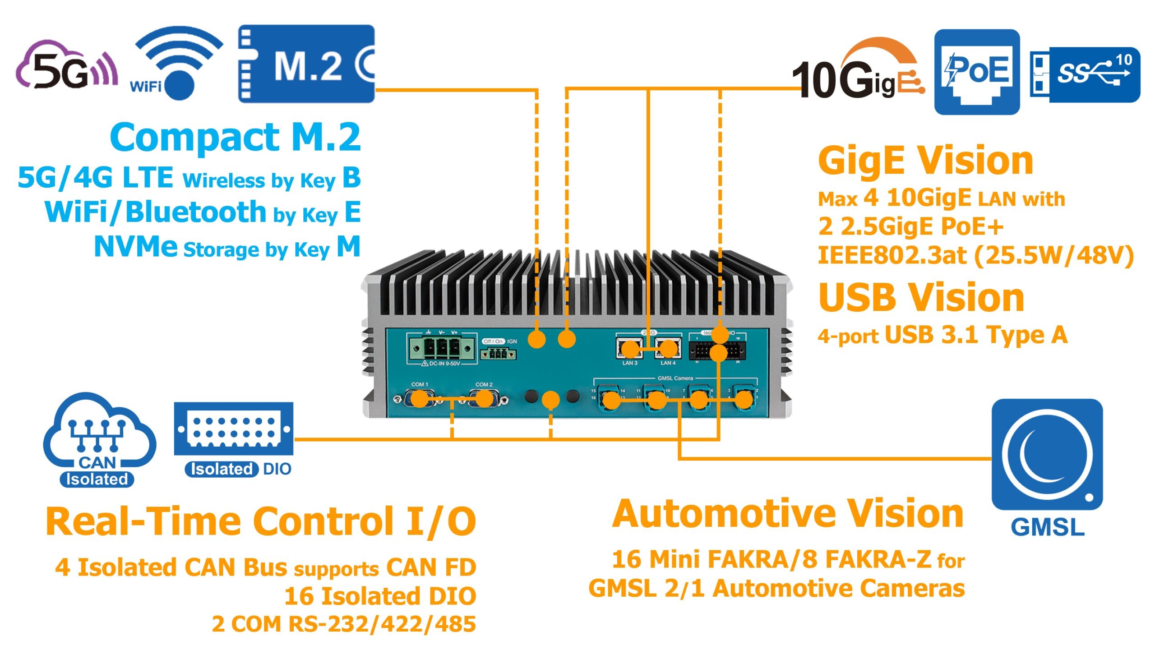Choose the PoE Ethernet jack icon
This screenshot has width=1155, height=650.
point(977,72)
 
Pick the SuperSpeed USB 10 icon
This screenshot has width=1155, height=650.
point(1085,74)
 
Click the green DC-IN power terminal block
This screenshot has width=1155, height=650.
point(442,347)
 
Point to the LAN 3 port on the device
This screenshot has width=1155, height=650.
point(630,348)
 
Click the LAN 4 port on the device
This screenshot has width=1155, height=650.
point(668,348)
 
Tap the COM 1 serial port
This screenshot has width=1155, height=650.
point(420,399)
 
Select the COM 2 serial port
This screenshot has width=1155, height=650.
point(484,399)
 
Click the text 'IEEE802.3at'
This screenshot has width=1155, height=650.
point(892,255)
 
